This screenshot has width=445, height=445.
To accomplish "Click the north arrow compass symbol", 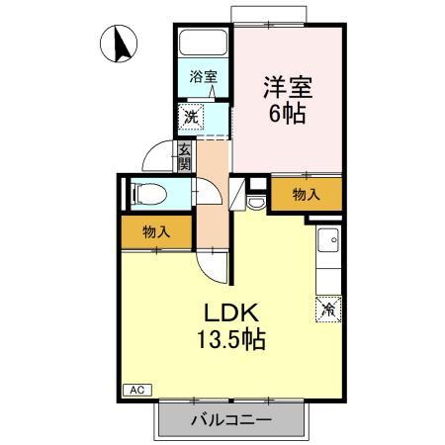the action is click(x=119, y=44).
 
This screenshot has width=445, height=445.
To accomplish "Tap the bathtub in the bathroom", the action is click(x=203, y=43).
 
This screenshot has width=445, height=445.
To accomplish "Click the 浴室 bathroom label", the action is click(x=204, y=76).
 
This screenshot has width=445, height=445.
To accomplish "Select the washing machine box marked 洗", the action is click(x=191, y=117).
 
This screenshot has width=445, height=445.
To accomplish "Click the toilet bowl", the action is click(x=150, y=195).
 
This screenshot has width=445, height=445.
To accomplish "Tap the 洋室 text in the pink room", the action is click(x=288, y=88).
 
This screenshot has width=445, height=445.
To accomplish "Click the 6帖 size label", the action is click(x=288, y=114).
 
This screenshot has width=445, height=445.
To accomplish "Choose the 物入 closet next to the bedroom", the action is click(x=307, y=194).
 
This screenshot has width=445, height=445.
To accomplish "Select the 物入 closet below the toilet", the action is click(x=156, y=232).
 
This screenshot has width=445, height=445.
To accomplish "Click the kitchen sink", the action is click(x=328, y=239).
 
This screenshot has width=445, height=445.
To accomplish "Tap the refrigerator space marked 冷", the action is click(x=328, y=310).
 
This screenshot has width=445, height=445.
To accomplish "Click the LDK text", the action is click(x=231, y=312).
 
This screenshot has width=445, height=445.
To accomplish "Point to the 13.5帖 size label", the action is click(x=231, y=339).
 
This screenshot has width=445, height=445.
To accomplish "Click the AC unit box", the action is click(x=137, y=390).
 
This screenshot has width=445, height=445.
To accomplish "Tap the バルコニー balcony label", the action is click(x=231, y=420).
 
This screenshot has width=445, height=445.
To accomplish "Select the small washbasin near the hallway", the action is click(x=256, y=203).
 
